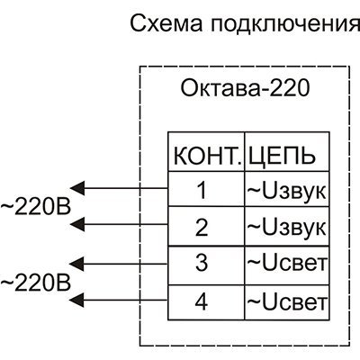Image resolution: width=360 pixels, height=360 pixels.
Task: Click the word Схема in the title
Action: [x=166, y=23]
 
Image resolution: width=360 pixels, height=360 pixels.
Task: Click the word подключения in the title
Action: [x=284, y=24]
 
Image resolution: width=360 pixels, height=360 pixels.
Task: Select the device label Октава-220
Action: [x=245, y=88]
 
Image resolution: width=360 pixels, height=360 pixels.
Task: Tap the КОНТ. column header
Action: [x=208, y=157]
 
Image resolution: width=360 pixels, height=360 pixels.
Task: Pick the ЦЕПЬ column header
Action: [x=281, y=156]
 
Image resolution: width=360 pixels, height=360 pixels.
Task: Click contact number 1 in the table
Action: [x=202, y=190]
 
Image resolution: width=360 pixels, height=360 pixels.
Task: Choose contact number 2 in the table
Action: [x=202, y=227]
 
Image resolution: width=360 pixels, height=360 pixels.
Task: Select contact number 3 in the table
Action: [x=202, y=263]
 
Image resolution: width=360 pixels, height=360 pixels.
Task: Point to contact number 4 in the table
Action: [x=202, y=301]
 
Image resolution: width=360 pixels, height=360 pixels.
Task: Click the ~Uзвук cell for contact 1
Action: [x=286, y=190]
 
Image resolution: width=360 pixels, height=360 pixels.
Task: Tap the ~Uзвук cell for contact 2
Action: [x=286, y=227]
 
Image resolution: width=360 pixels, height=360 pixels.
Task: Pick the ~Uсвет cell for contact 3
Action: [x=286, y=263]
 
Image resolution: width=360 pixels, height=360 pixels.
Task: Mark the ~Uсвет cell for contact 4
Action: [x=286, y=301]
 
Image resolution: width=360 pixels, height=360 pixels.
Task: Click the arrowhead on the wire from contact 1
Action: [x=77, y=188]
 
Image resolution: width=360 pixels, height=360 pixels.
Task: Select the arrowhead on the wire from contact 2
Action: [x=77, y=224]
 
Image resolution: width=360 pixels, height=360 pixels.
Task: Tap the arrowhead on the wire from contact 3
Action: [x=77, y=264]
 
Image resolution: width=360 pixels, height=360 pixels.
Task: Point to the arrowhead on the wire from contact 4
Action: [x=77, y=300]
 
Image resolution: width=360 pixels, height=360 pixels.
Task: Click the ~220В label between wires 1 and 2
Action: [x=35, y=207]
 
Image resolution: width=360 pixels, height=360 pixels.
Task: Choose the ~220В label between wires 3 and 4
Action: [x=35, y=283]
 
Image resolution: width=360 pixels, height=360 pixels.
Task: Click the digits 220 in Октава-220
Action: [x=290, y=88]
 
